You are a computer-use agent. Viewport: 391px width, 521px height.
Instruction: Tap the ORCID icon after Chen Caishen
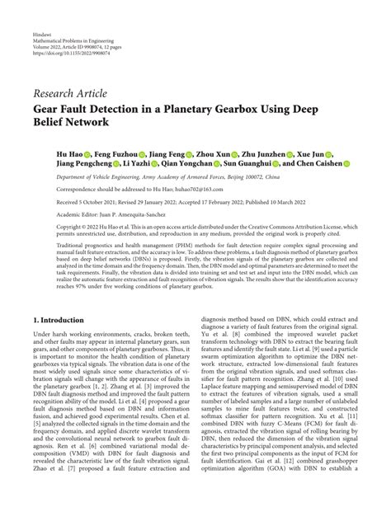(346, 164)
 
